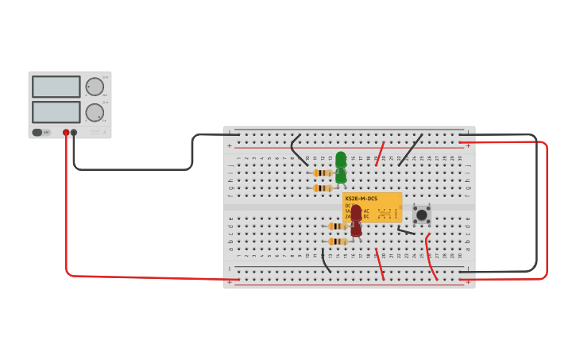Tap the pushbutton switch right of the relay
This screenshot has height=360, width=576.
[422, 215]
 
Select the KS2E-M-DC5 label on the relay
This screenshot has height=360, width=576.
[361, 199]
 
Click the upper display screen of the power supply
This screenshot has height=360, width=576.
[56, 87]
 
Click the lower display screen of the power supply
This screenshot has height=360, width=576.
[56, 112]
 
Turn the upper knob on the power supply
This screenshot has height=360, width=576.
[95, 87]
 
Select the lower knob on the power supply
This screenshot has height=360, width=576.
[95, 112]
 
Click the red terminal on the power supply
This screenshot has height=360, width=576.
[66, 133]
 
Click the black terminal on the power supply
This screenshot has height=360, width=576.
[74, 133]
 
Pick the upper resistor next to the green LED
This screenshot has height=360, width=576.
[322, 172]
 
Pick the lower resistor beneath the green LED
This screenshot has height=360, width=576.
[322, 188]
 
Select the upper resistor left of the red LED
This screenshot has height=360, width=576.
[338, 226]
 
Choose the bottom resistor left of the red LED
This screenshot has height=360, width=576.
[338, 242]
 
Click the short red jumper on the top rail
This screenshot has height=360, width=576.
[380, 153]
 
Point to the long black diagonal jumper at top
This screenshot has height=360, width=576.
[410, 149]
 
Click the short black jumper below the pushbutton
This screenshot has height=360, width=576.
[406, 231]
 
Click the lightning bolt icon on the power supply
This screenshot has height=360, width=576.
[104, 132]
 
